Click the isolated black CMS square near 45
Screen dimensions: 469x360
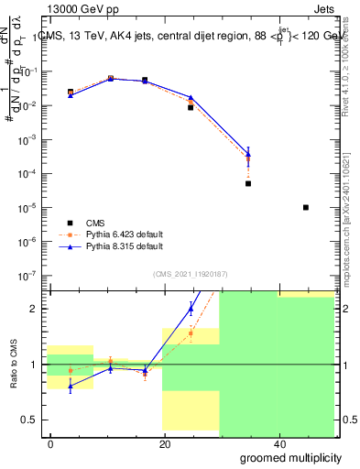[x=306, y=207]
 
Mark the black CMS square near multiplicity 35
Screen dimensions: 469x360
[x=248, y=183]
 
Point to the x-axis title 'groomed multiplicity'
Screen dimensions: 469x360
[x=290, y=457]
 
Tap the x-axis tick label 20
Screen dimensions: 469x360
[x=165, y=444]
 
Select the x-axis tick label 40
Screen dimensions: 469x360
[x=278, y=444]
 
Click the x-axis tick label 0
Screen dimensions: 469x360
[x=51, y=444]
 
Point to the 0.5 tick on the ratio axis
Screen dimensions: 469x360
[x=35, y=420]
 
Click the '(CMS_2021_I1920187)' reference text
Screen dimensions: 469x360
[x=191, y=274]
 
